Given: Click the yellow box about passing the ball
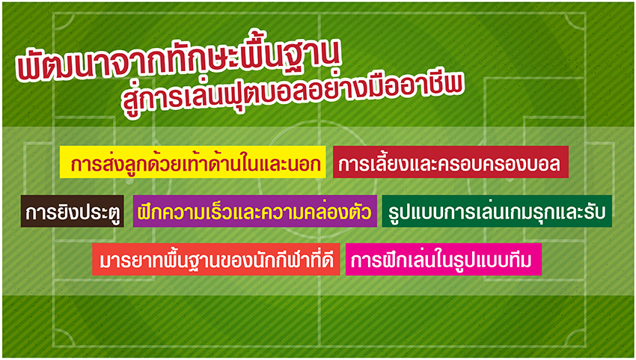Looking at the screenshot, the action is [x=192, y=162].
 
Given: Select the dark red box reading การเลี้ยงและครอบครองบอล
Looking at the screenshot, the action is [x=450, y=162].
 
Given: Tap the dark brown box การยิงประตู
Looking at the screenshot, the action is [x=72, y=211].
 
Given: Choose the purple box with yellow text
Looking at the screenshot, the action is [x=254, y=211].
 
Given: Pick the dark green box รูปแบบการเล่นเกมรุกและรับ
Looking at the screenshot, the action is [x=497, y=211].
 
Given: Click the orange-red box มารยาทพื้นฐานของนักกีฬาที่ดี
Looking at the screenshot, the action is [x=215, y=260].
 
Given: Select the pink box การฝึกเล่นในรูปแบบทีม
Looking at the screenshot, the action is [x=444, y=260].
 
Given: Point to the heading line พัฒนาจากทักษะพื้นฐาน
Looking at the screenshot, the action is [x=179, y=60].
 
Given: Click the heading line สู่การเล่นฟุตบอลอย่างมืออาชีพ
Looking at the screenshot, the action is [x=292, y=94].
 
